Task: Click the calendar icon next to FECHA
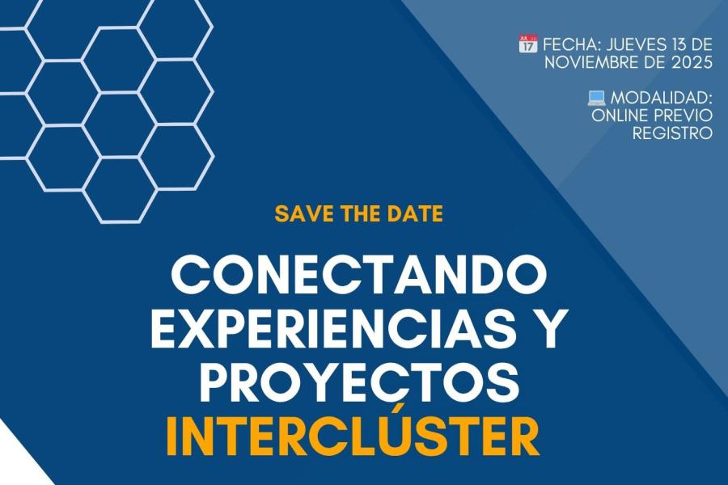pyautogui.click(x=527, y=43)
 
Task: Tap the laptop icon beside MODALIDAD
pyautogui.click(x=597, y=98)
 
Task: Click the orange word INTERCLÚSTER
pyautogui.click(x=353, y=436)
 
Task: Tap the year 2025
pyautogui.click(x=692, y=61)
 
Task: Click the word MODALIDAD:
pyautogui.click(x=662, y=98)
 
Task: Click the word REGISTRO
pyautogui.click(x=673, y=133)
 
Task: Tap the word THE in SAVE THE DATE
pyautogui.click(x=359, y=213)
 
